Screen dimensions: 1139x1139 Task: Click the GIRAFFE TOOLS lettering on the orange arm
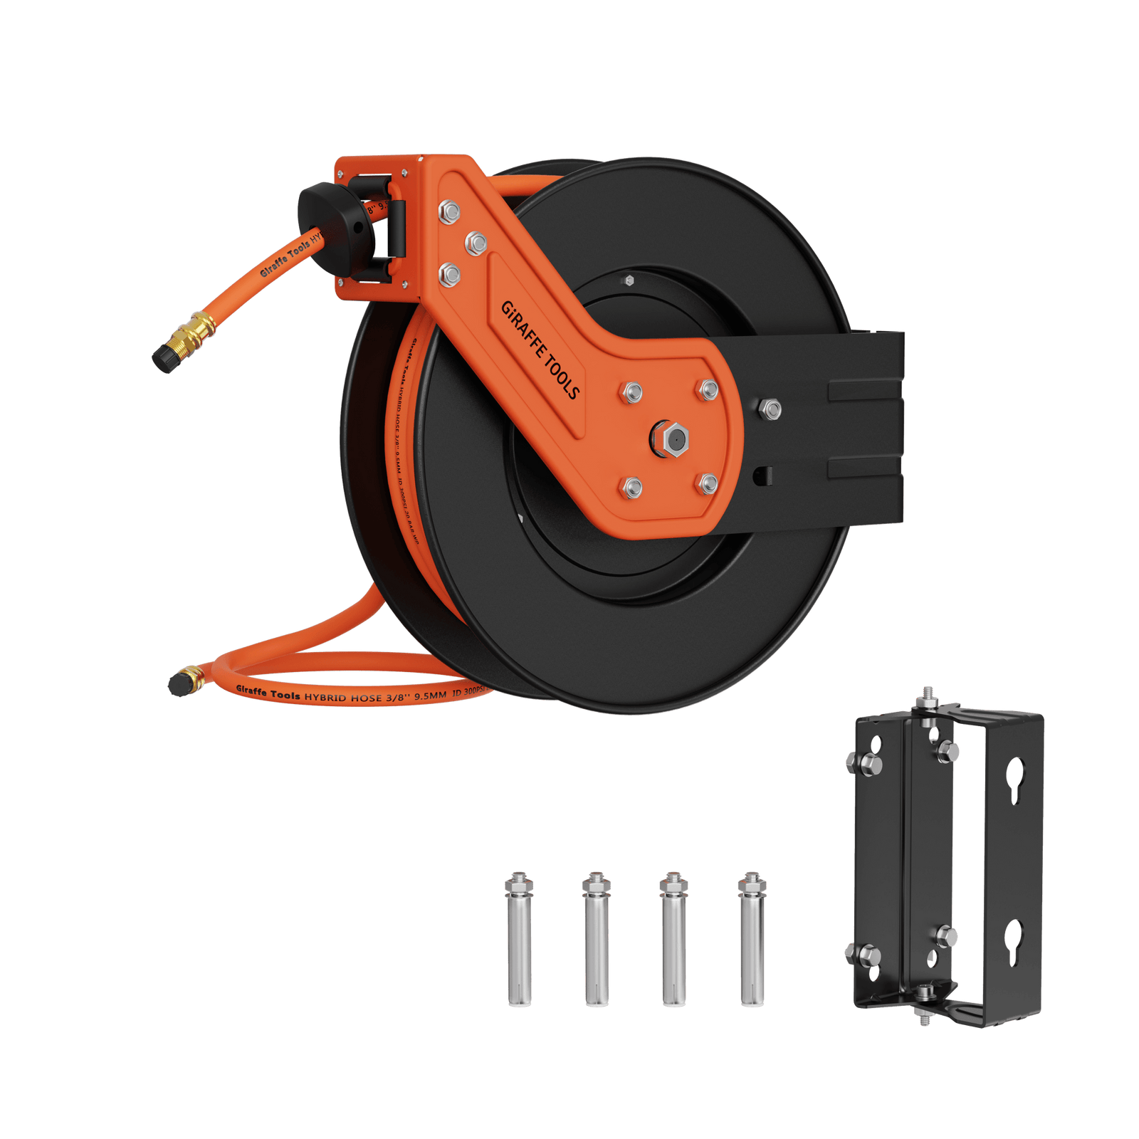[x=540, y=350]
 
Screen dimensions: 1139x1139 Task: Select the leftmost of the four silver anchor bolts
[x=518, y=940]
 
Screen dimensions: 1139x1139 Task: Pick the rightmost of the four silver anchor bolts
[x=751, y=940]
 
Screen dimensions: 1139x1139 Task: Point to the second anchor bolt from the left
[x=596, y=940]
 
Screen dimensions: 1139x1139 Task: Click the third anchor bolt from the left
[x=673, y=940]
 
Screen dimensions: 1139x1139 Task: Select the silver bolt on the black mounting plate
[x=770, y=409]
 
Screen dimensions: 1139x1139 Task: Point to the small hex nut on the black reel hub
[x=629, y=280]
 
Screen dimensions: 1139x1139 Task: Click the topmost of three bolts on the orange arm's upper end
[x=448, y=211]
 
